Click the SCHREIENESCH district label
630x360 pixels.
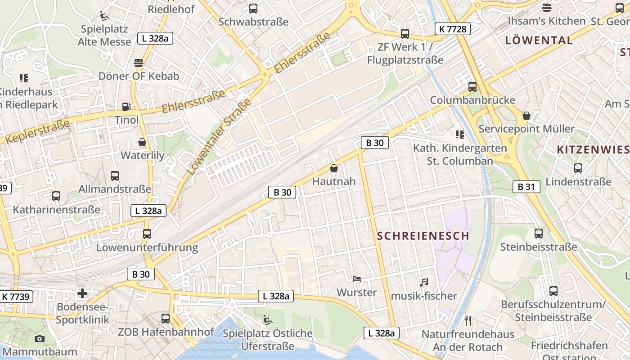click(423, 236)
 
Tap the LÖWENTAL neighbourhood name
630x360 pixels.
click(539, 40)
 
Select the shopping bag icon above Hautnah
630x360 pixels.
click(334, 168)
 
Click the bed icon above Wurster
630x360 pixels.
click(357, 279)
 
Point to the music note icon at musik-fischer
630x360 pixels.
click(423, 283)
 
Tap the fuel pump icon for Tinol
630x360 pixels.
click(127, 107)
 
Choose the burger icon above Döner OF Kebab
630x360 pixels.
click(139, 63)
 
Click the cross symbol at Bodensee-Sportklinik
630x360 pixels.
click(82, 294)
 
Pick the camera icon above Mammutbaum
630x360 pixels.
click(40, 338)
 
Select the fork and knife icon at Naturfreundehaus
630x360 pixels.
click(468, 321)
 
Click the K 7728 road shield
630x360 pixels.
click(453, 29)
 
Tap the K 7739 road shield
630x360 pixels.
click(16, 297)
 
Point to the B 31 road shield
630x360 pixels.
click(526, 187)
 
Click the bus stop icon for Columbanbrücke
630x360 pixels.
click(472, 86)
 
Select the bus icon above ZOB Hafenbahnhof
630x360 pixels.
click(166, 319)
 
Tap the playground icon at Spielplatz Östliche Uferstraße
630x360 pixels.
click(267, 320)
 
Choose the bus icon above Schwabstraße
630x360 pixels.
click(253, 8)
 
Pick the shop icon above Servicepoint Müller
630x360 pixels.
click(526, 116)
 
